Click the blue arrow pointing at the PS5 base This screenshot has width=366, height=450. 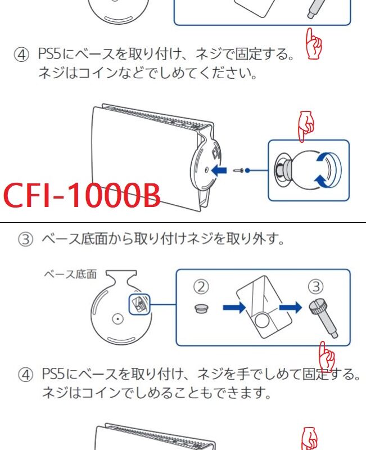pos(222,168)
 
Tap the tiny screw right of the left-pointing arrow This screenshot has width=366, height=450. pos(238,170)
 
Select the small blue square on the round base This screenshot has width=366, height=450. pos(137,304)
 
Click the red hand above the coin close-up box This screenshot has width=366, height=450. pos(306,125)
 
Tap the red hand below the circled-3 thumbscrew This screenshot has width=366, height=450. pos(327,355)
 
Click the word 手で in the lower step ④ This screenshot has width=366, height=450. pos(257,374)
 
